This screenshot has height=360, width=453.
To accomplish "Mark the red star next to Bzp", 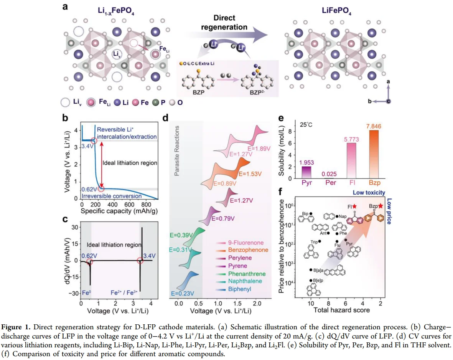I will click(x=380, y=206).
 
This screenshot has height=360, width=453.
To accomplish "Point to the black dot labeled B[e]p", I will click(x=311, y=281).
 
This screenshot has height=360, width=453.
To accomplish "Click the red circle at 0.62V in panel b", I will click(x=101, y=188).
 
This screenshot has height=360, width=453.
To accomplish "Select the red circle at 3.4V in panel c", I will click(x=140, y=261).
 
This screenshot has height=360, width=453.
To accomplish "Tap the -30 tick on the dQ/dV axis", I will click(x=72, y=294).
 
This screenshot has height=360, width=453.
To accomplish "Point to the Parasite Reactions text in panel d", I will click(x=177, y=152).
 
